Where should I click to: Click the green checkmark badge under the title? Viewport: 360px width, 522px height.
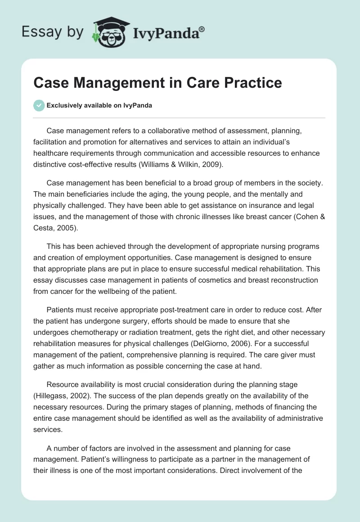pyautogui.click(x=39, y=105)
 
